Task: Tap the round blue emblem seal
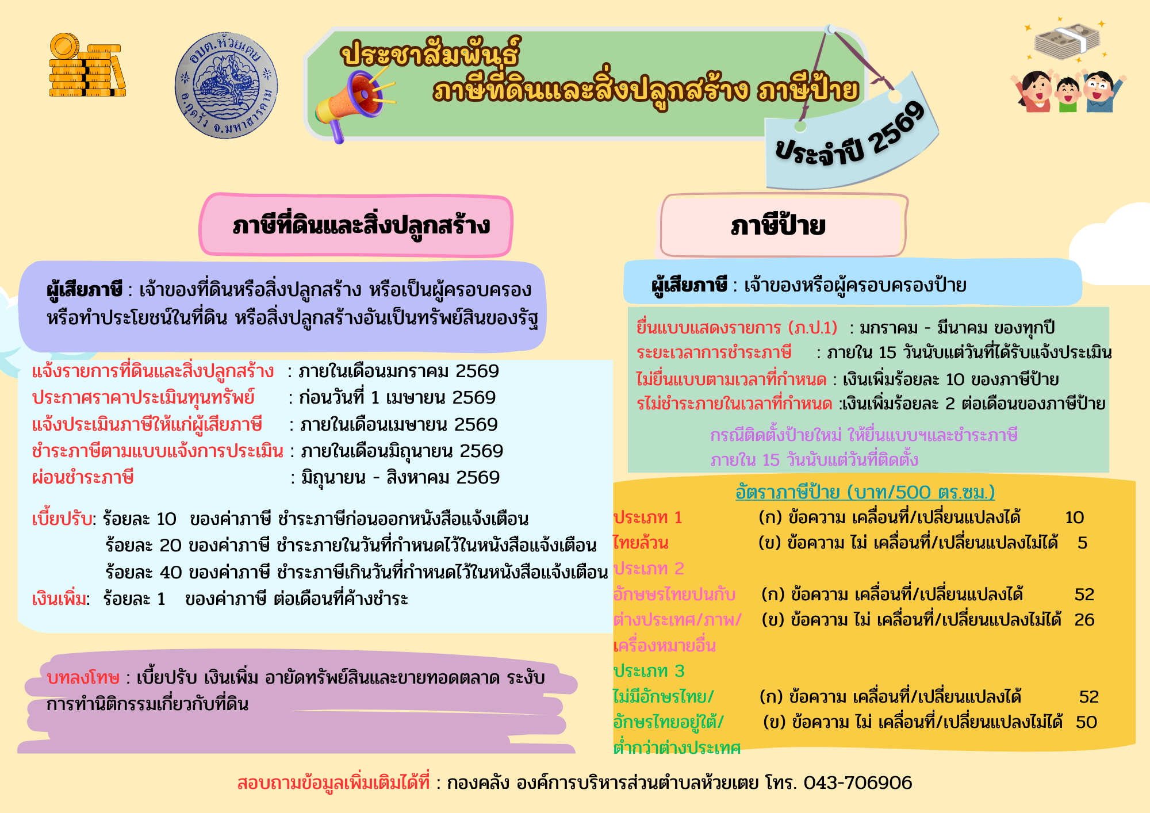[226, 85]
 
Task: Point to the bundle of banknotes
[1067, 41]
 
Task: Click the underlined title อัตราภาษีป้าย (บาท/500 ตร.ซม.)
[865, 492]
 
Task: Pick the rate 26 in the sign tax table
[1084, 620]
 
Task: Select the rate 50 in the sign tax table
[1086, 722]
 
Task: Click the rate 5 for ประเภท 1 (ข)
[1082, 543]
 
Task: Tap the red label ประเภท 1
[648, 517]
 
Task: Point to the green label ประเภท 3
[649, 671]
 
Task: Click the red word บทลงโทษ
[83, 678]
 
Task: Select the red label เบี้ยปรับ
[62, 519]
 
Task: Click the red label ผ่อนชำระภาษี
[83, 477]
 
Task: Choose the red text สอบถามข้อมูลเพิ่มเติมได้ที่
[333, 783]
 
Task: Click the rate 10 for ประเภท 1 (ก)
[1074, 517]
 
